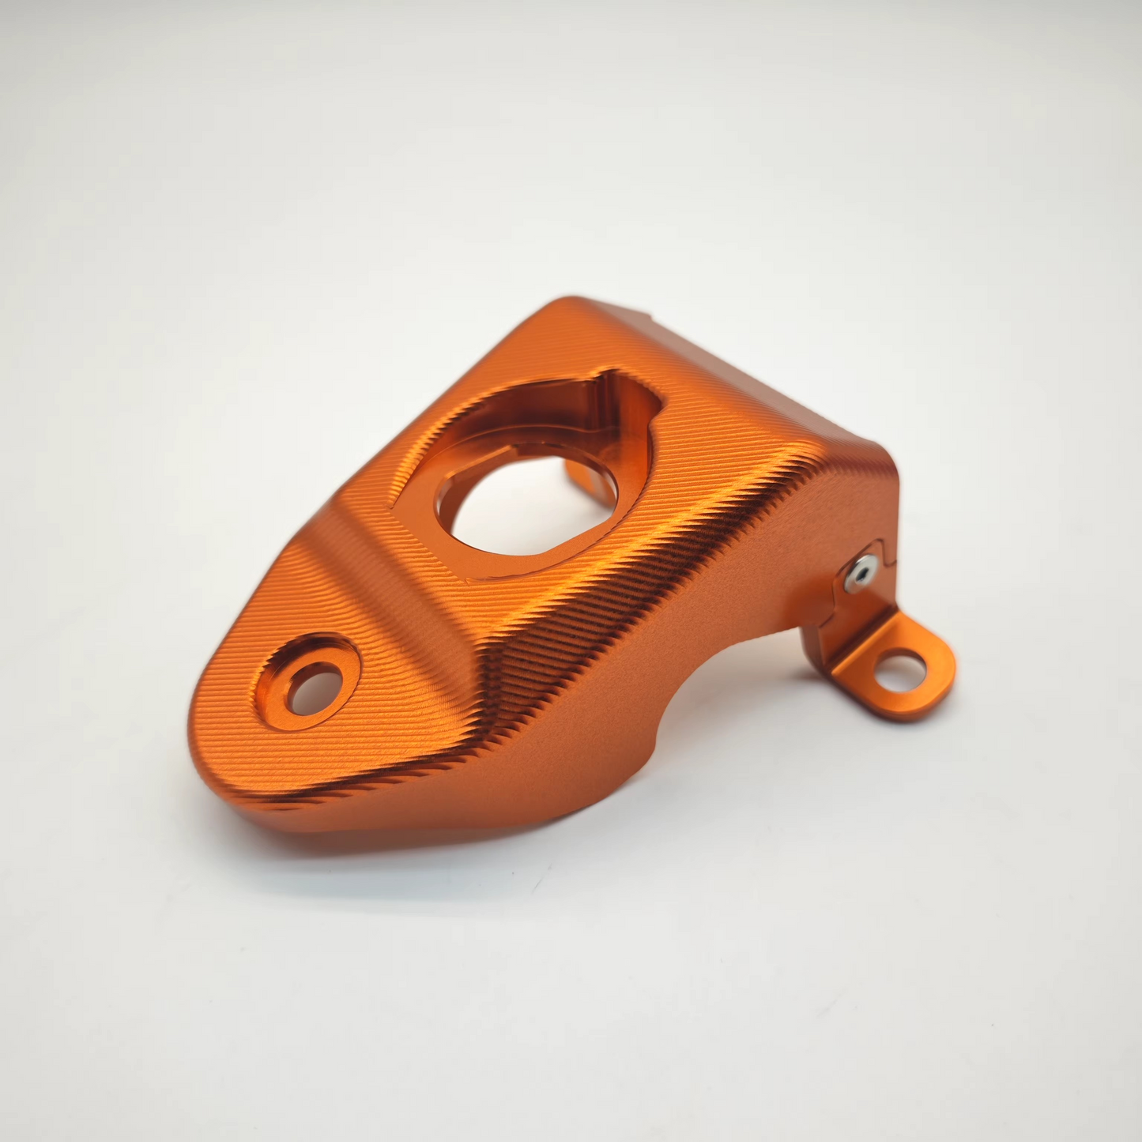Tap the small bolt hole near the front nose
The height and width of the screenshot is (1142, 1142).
coord(314,688)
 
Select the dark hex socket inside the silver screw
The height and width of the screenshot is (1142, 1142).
coord(863,571)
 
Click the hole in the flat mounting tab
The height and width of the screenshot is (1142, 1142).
coord(900,673)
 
